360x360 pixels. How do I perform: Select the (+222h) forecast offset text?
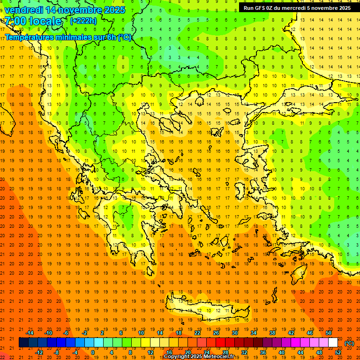pyautogui.click(x=83, y=21)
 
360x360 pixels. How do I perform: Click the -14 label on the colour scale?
pyautogui.click(x=30, y=333)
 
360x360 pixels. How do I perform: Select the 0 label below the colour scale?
pyautogui.click(x=93, y=352)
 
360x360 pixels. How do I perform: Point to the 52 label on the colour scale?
pyautogui.click(x=338, y=352)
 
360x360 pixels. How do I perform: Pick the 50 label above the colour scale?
pyautogui.click(x=329, y=333)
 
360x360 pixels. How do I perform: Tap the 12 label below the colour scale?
pyautogui.click(x=150, y=352)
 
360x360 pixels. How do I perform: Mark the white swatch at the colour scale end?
pyautogui.click(x=333, y=343)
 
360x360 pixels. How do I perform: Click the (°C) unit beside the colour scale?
pyautogui.click(x=349, y=343)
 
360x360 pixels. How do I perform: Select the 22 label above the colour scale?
pyautogui.click(x=197, y=333)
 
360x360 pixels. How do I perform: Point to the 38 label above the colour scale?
pyautogui.click(x=272, y=333)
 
